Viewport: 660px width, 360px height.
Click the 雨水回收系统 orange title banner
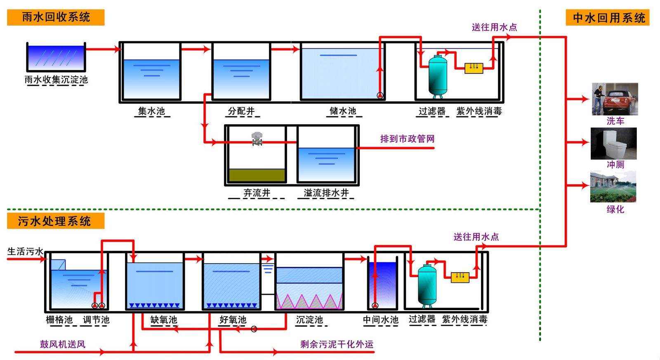click(56, 17)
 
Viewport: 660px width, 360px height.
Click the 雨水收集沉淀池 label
click(56, 80)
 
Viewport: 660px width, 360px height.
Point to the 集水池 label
click(151, 111)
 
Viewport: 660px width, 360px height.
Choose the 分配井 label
click(241, 111)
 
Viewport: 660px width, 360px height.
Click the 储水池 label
click(343, 111)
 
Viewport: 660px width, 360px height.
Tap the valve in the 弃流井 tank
click(257, 139)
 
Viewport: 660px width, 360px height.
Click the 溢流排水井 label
click(326, 193)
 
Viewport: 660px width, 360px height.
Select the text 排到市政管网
click(407, 139)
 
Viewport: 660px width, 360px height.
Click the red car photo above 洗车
click(615, 99)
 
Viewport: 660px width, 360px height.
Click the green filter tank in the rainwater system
click(438, 76)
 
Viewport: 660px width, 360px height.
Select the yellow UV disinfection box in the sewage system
click(460, 277)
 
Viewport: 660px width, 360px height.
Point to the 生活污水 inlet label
click(25, 252)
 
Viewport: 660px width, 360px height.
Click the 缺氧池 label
click(164, 320)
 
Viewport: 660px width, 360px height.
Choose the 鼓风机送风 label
click(63, 344)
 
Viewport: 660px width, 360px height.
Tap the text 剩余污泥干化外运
click(337, 344)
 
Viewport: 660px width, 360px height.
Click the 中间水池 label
click(381, 320)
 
